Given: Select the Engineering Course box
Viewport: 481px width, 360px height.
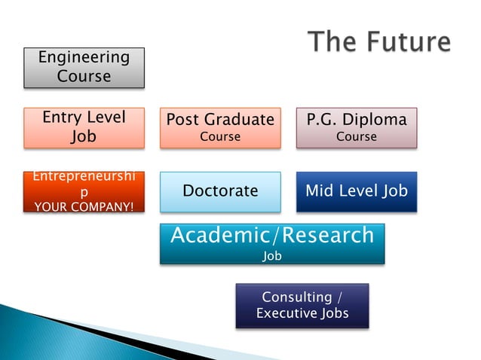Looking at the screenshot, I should pyautogui.click(x=84, y=67).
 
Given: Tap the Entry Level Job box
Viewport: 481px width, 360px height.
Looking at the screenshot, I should pyautogui.click(x=84, y=127).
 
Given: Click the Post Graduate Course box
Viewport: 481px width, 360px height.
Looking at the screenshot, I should pyautogui.click(x=220, y=127).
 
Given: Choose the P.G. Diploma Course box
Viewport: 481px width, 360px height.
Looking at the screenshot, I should pyautogui.click(x=356, y=127).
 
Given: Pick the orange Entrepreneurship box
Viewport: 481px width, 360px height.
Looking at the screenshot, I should pyautogui.click(x=84, y=191).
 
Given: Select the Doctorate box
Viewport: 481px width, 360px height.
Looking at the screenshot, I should pyautogui.click(x=220, y=191).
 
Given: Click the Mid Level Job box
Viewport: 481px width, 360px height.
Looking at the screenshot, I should pyautogui.click(x=356, y=191).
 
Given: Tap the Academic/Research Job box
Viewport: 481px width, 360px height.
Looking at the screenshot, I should pyautogui.click(x=272, y=243).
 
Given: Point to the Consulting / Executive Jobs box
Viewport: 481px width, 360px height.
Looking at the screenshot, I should pyautogui.click(x=302, y=305).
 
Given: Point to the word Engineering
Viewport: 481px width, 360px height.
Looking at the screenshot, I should pyautogui.click(x=84, y=58).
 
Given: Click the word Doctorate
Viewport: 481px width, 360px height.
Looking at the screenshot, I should pyautogui.click(x=220, y=191).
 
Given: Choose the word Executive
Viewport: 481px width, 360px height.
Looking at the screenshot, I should pyautogui.click(x=285, y=313).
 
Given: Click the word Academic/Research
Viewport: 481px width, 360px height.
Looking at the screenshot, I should pyautogui.click(x=272, y=235).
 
